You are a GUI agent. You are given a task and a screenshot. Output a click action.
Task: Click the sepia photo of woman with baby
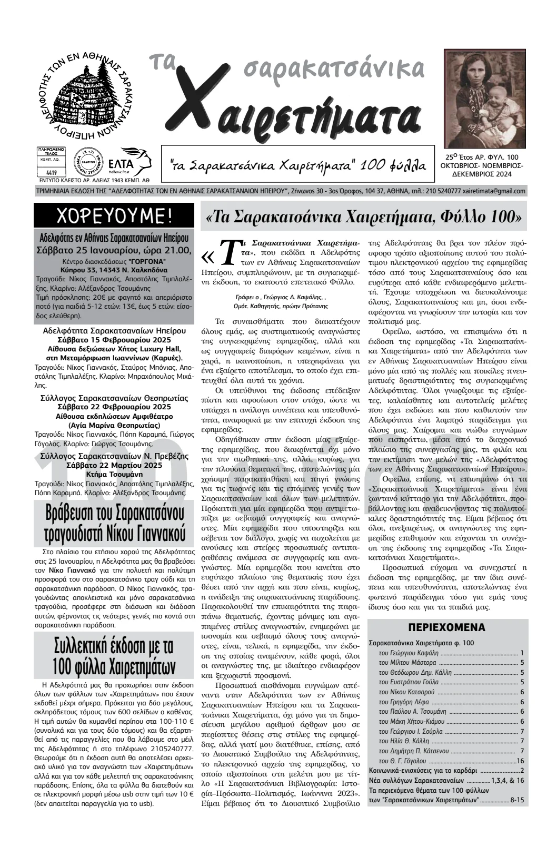click(485, 98)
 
